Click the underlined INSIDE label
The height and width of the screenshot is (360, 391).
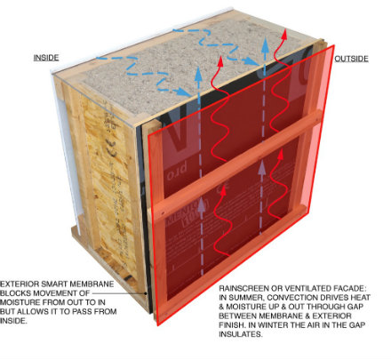pos(46,58)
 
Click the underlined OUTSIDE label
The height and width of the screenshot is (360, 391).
pos(351,59)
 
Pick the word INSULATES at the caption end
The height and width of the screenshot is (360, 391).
pos(241,334)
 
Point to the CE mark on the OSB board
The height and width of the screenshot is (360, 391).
pos(111,149)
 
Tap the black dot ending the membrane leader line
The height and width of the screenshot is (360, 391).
pos(146,293)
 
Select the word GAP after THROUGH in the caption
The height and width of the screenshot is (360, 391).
pos(355,307)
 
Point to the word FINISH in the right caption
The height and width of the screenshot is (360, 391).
pos(232,325)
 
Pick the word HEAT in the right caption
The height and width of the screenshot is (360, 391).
pos(359,298)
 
